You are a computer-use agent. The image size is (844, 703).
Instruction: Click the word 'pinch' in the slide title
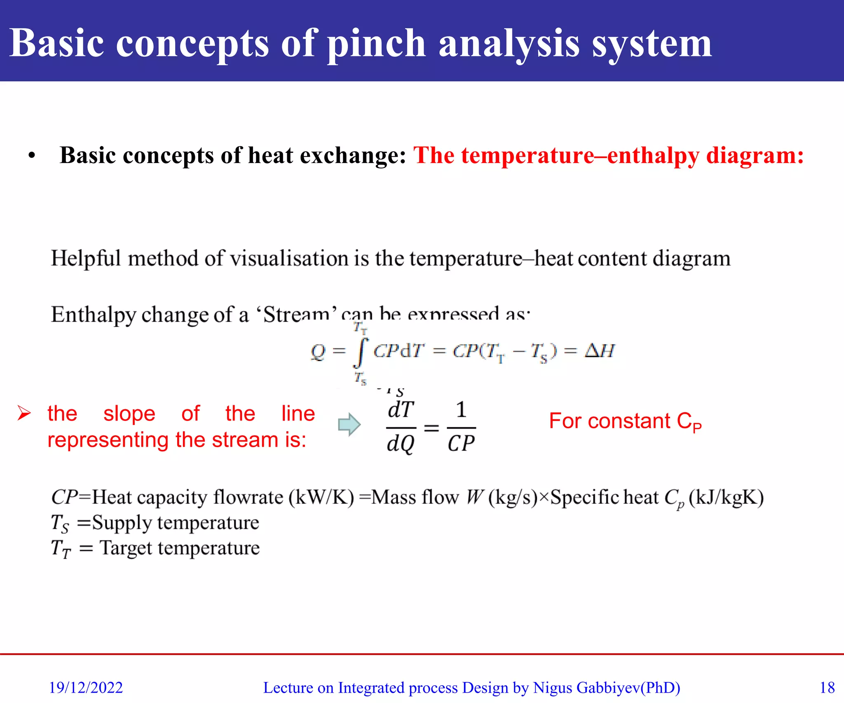(x=376, y=44)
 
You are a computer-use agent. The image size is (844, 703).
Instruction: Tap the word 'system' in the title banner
(x=652, y=44)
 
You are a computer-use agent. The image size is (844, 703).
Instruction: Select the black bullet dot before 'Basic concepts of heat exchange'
(x=32, y=156)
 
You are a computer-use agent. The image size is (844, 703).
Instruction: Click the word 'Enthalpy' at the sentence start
(x=93, y=315)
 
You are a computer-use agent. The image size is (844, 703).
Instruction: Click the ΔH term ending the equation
(x=600, y=351)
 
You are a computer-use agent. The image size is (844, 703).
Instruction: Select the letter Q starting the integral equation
(x=318, y=352)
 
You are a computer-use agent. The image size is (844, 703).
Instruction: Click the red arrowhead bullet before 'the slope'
(x=24, y=413)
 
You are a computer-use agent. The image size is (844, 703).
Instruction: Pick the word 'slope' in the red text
(x=129, y=413)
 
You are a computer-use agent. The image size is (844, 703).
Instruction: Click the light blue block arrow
(x=349, y=424)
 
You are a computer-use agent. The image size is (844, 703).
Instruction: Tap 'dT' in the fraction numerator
(x=401, y=409)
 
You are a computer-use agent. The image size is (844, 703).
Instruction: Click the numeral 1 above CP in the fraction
(x=461, y=409)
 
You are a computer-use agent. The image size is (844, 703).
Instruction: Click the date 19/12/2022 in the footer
(x=86, y=687)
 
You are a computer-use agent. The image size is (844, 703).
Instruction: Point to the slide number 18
(x=827, y=687)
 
